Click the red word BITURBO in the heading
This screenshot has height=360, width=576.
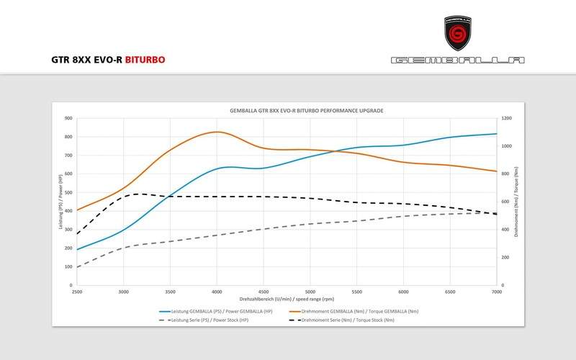(145, 60)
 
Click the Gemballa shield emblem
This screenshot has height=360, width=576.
(458, 33)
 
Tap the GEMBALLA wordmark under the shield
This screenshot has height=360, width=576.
(458, 60)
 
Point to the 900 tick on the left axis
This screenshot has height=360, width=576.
(68, 118)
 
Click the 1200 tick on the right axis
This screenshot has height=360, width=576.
(507, 118)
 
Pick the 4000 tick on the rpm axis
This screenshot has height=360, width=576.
(217, 292)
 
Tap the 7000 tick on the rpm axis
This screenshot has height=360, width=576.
(497, 292)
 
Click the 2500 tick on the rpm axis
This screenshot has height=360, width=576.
(77, 292)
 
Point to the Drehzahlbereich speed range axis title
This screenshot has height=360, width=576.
(287, 297)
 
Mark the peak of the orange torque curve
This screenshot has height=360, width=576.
(217, 132)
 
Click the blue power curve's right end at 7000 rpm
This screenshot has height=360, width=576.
(497, 133)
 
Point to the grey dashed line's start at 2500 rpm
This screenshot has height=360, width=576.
(77, 267)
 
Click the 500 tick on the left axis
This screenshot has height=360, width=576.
(68, 192)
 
